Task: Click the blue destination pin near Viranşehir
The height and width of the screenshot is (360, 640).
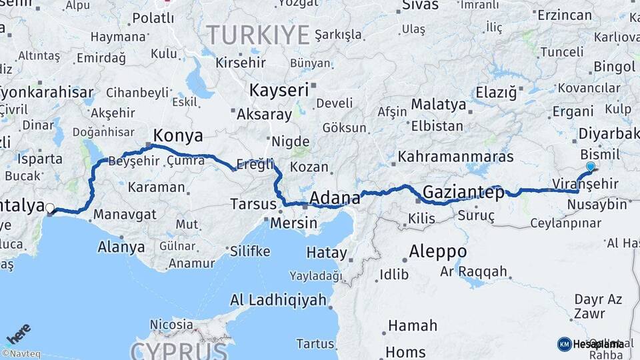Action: (590, 167)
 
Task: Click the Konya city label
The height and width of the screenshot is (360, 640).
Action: (178, 136)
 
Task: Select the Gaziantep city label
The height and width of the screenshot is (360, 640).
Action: (463, 191)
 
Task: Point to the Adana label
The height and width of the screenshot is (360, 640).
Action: (335, 198)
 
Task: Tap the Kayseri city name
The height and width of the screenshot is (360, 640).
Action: (279, 90)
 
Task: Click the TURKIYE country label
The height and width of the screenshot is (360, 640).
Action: (258, 34)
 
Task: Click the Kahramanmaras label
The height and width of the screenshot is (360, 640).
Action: (456, 157)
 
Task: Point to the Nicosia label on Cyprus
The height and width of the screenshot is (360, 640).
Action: (171, 325)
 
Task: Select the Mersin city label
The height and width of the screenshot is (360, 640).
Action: (293, 223)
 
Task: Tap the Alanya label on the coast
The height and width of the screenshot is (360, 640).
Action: (121, 247)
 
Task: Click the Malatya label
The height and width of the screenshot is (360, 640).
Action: (438, 105)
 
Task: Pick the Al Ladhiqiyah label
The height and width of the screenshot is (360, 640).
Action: (279, 300)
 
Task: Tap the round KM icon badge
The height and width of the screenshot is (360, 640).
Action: (564, 344)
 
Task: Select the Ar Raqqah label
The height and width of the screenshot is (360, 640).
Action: (473, 272)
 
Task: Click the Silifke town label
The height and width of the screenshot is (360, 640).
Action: (250, 251)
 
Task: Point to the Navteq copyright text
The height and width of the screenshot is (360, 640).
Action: (21, 354)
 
